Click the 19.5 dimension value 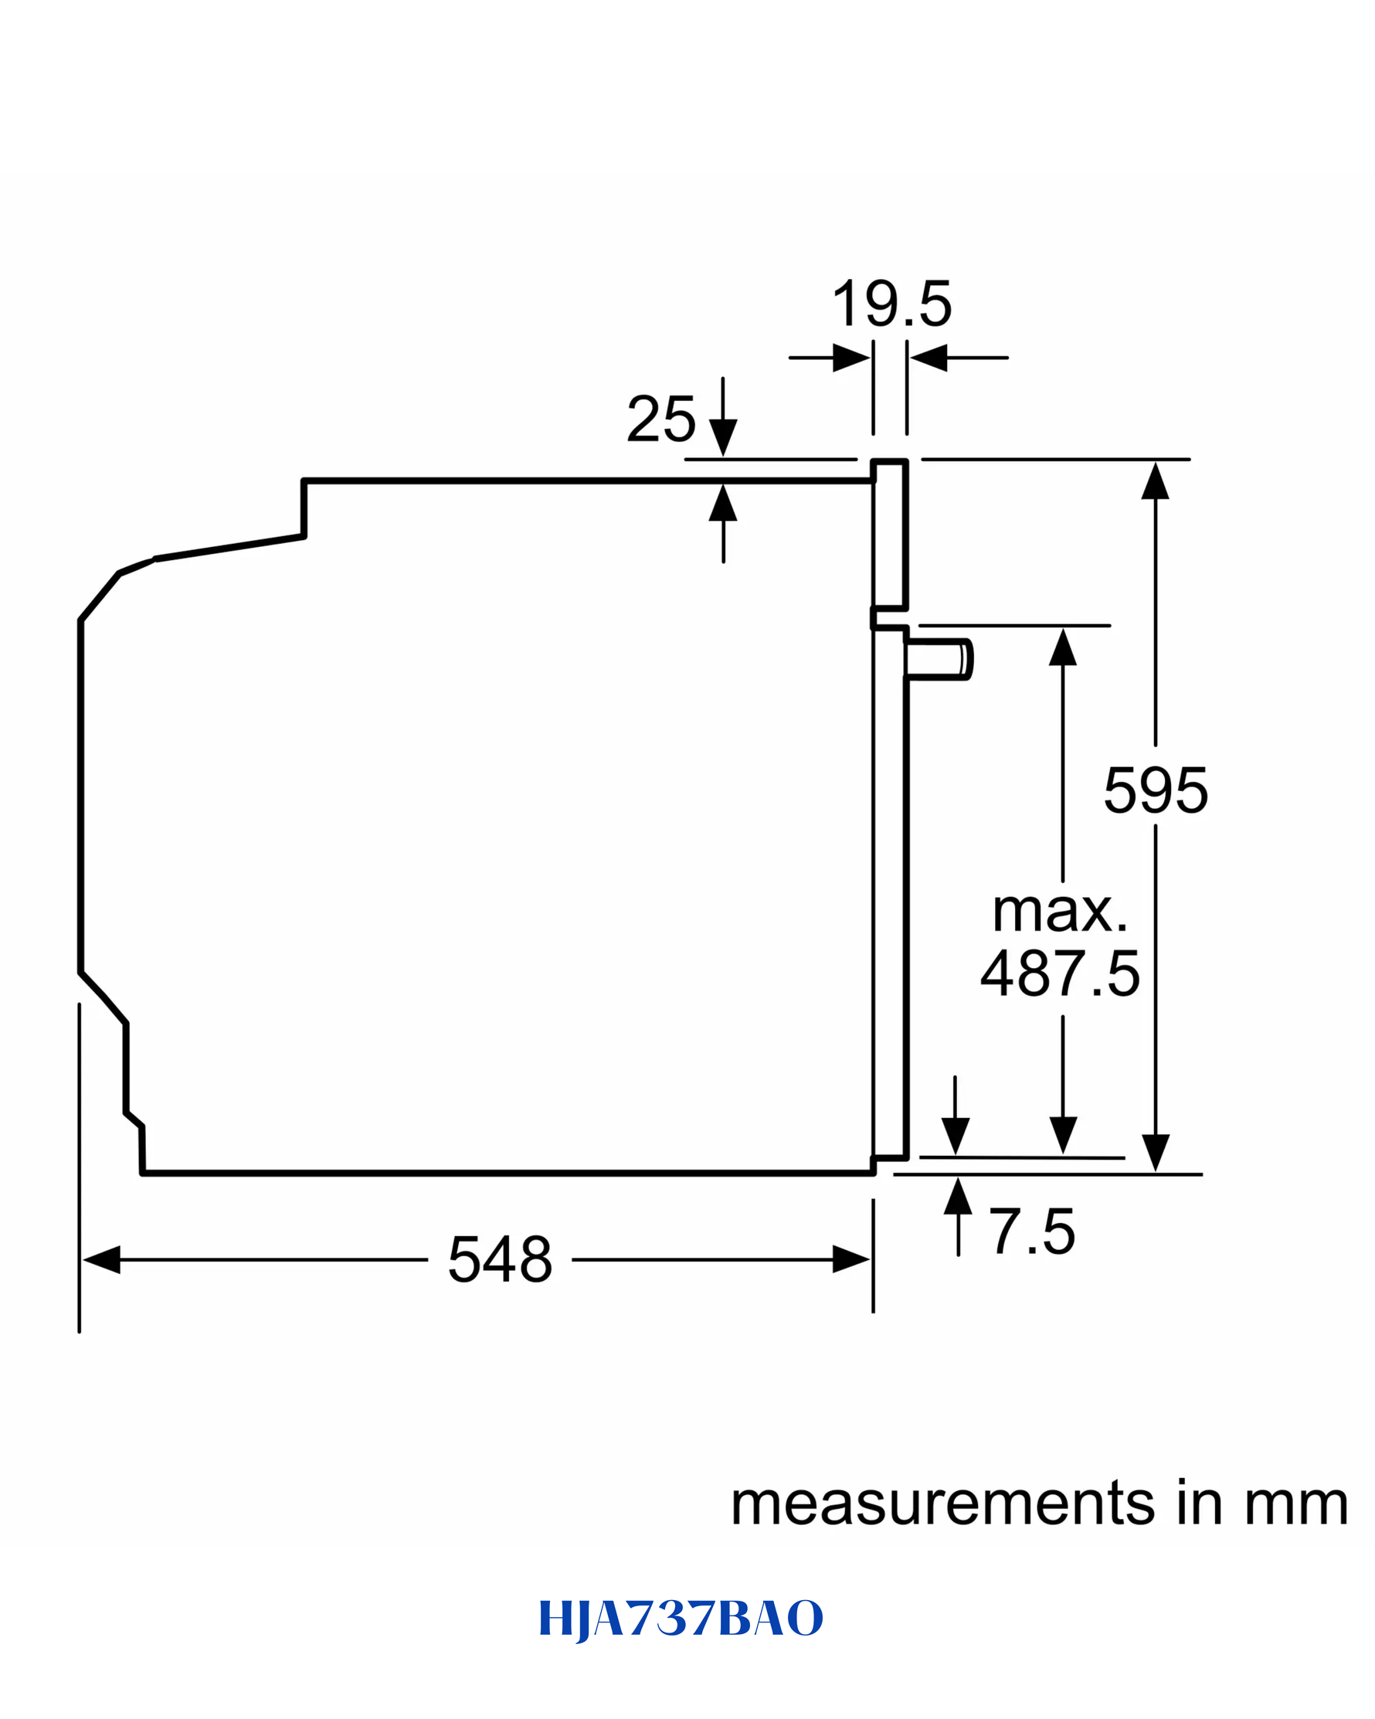(x=892, y=304)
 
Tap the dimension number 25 (x=660, y=419)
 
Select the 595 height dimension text (x=1156, y=790)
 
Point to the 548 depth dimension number (x=500, y=1259)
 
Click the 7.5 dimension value (x=1032, y=1231)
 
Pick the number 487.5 (x=1060, y=973)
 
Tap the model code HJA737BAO (x=681, y=1618)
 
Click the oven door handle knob (x=940, y=659)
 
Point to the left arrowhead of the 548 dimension (x=101, y=1260)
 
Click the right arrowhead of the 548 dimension (x=851, y=1260)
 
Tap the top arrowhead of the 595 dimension (x=1155, y=481)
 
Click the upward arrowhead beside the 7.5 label (x=958, y=1196)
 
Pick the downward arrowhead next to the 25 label (x=723, y=438)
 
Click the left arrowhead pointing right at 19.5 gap (x=851, y=358)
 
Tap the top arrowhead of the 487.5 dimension (x=1063, y=647)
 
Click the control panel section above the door (x=890, y=535)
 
